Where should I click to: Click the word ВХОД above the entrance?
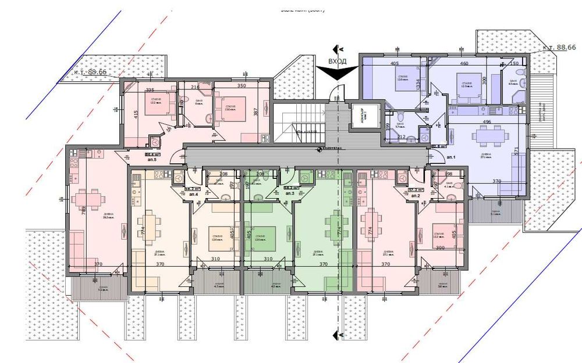338,61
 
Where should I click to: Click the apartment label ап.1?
450,157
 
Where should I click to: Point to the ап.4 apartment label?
193,194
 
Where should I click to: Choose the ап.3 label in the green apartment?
288,193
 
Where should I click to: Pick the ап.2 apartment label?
416,196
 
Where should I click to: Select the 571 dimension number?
516,151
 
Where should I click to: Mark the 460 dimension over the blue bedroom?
464,63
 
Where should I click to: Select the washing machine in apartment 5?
155,141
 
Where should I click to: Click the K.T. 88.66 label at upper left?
90,73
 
